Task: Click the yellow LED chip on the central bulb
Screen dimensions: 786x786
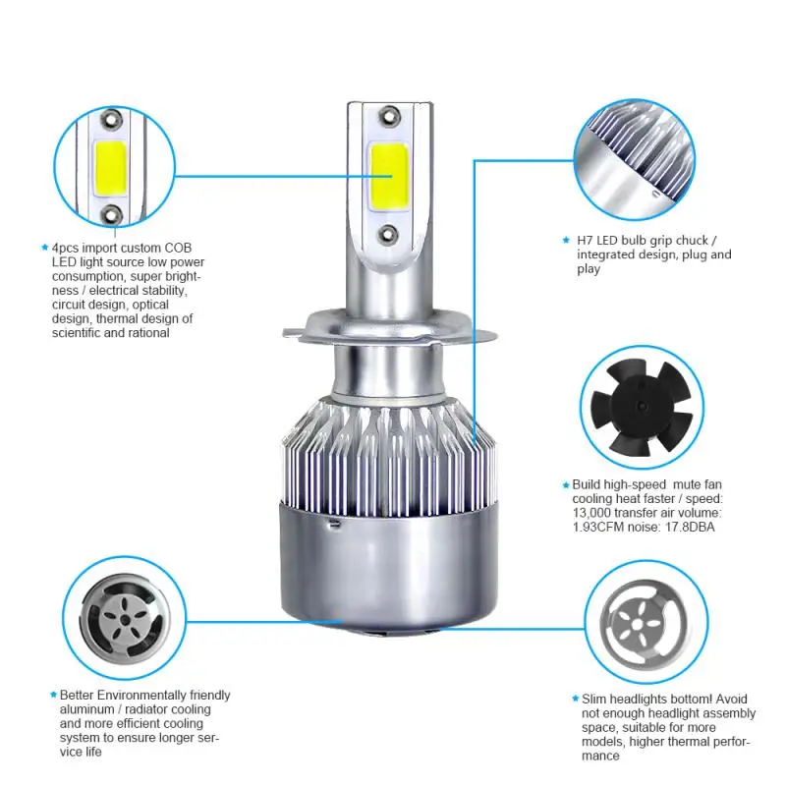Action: (389, 174)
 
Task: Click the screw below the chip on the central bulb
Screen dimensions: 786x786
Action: (390, 232)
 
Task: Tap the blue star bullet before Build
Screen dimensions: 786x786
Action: (565, 485)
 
